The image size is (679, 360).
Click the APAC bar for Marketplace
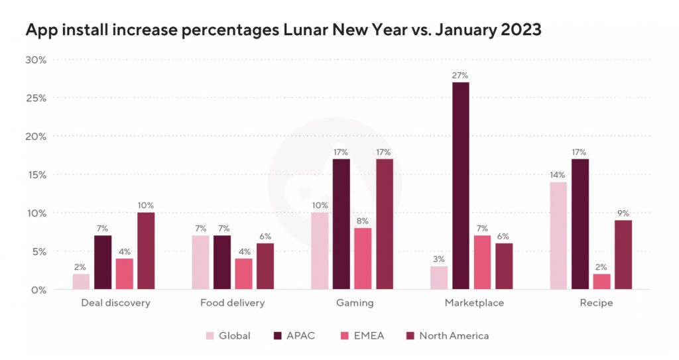pyautogui.click(x=461, y=186)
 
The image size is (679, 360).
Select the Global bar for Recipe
pyautogui.click(x=558, y=235)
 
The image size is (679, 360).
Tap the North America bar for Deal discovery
pyautogui.click(x=146, y=251)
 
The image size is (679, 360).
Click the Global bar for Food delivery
pyautogui.click(x=200, y=263)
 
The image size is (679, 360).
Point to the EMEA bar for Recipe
pyautogui.click(x=601, y=282)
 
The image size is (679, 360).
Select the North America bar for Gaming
pyautogui.click(x=385, y=224)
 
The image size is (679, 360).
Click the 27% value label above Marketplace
pyautogui.click(x=461, y=75)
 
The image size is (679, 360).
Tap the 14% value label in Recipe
pyautogui.click(x=558, y=174)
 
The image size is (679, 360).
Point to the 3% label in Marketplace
pyautogui.click(x=439, y=259)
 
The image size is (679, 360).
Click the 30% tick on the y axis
pyautogui.click(x=36, y=60)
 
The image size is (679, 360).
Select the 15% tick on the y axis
pyautogui.click(x=36, y=175)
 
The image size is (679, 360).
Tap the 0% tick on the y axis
pyautogui.click(x=38, y=290)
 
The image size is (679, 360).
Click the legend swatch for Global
pyautogui.click(x=211, y=335)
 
